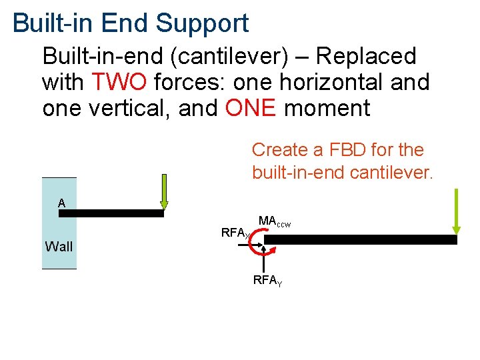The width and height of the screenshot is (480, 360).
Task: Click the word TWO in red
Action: pyautogui.click(x=119, y=83)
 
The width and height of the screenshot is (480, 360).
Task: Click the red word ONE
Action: pyautogui.click(x=250, y=108)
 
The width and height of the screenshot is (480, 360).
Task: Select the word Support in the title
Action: pyautogui.click(x=202, y=23)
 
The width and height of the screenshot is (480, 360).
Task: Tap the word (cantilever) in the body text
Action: pyautogui.click(x=229, y=57)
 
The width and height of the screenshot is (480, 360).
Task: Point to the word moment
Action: pyautogui.click(x=327, y=108)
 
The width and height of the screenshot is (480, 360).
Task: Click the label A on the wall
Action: pyautogui.click(x=61, y=203)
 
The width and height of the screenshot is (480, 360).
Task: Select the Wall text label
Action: pyautogui.click(x=59, y=247)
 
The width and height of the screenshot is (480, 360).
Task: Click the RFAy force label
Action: pyautogui.click(x=267, y=281)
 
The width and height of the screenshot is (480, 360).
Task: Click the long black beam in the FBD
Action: pyautogui.click(x=367, y=239)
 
